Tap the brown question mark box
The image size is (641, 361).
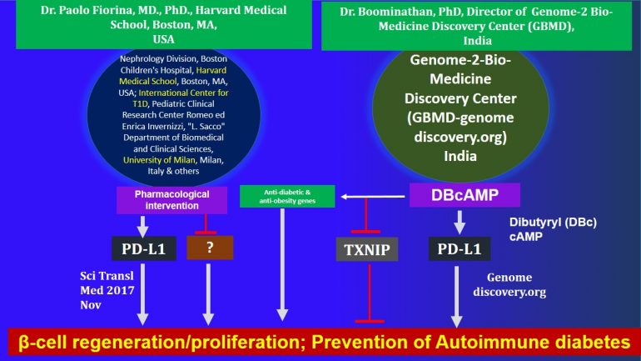click(210, 248)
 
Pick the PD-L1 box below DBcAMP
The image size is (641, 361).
click(460, 248)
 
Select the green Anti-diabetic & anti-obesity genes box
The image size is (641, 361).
click(287, 197)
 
